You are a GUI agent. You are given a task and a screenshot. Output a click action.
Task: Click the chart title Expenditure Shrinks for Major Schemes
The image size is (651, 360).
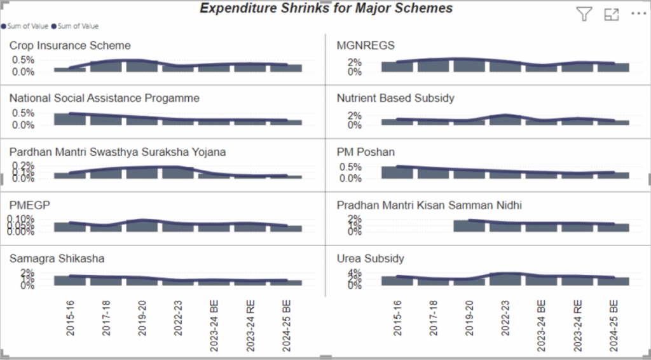(326, 8)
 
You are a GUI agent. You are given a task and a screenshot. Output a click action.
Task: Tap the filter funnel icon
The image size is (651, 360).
(583, 15)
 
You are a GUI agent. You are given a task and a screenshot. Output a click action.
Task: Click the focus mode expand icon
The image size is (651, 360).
(612, 15)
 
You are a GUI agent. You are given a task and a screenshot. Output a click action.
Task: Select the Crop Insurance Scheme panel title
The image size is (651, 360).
(70, 46)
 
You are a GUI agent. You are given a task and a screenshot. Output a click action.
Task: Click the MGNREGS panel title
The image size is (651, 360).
(366, 46)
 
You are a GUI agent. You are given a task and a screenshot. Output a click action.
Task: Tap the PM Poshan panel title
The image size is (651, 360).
(366, 152)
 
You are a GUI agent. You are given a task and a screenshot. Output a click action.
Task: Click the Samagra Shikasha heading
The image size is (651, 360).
(57, 259)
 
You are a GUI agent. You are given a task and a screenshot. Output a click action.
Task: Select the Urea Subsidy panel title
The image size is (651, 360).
(370, 259)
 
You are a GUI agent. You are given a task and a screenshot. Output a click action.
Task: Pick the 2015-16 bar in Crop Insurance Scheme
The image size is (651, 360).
(69, 69)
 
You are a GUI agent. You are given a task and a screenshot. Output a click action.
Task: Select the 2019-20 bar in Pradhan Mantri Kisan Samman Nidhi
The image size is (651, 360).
(469, 226)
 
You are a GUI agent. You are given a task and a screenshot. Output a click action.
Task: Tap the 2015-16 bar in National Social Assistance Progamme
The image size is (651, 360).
(69, 119)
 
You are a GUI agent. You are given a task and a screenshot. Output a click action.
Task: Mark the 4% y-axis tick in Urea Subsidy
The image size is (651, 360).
(355, 273)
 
